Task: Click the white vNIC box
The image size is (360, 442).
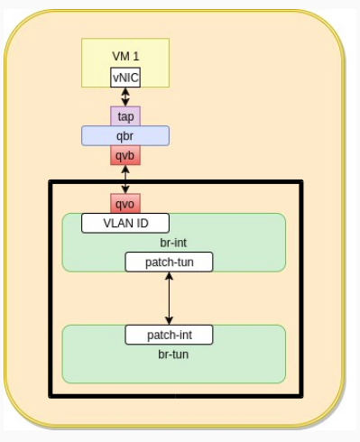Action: [125, 78]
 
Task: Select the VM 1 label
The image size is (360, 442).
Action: [125, 56]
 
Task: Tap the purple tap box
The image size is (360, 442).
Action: [125, 116]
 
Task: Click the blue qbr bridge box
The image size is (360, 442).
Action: [125, 136]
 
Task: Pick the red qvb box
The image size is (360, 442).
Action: [125, 155]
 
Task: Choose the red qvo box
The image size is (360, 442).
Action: [125, 204]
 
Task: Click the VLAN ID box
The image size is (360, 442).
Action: [125, 223]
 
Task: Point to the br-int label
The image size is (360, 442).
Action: [173, 243]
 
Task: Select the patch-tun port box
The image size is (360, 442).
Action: [169, 262]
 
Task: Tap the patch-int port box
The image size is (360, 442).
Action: [169, 335]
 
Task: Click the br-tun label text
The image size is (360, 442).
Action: [173, 355]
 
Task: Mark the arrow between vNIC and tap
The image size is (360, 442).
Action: [125, 97]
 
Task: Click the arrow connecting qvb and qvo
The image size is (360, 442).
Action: [125, 180]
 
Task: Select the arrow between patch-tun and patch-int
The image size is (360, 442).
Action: [169, 299]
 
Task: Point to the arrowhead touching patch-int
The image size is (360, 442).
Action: [169, 320]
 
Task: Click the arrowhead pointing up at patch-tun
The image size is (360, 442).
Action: [169, 276]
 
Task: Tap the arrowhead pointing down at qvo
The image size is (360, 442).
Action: [125, 189]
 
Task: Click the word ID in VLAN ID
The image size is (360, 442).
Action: [143, 223]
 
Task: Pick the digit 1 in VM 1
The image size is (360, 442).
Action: [136, 56]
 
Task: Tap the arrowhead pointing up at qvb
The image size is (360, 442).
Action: [125, 170]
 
